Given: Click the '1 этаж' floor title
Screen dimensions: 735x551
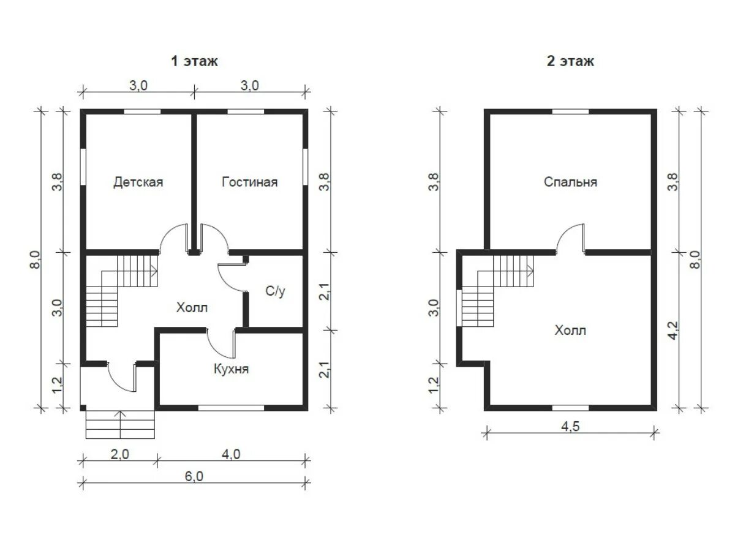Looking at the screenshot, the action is coord(194,61).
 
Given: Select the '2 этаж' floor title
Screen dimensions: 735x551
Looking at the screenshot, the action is coord(570,61).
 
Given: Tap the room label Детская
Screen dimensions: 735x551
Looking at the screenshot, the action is coord(138,182).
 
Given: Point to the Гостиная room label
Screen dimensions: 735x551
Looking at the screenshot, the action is coord(249,182).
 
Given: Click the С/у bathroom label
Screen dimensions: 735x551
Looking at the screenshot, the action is coord(275,291).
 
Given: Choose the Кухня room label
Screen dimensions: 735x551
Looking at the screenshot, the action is coord(231,369).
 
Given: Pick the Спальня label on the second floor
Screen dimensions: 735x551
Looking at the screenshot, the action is coord(570,182).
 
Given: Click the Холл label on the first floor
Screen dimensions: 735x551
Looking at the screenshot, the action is coord(192,307).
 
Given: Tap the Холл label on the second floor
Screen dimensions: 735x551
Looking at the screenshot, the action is coord(570,331).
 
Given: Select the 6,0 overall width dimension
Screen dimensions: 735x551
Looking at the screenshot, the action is coord(194,476).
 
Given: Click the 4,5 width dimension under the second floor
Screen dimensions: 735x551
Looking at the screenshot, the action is coord(570,427).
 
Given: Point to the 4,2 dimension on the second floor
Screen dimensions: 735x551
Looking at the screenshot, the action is coord(673,331).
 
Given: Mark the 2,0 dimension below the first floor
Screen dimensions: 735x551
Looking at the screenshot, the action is coord(119,454).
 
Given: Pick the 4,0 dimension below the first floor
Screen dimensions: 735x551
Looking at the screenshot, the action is coord(231,454).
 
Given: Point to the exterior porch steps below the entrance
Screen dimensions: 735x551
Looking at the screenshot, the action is coord(120,424).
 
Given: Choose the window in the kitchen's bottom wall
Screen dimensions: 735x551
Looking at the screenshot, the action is coord(231,408).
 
